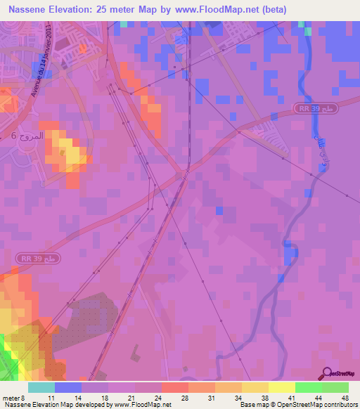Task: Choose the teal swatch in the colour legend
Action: click(41, 387)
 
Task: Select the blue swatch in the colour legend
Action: click(68, 387)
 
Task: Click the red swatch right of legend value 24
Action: click(174, 387)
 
